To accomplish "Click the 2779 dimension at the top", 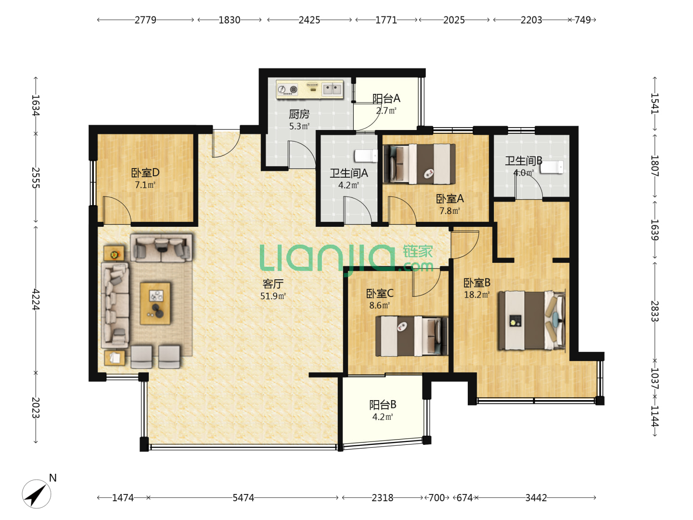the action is [x=145, y=20].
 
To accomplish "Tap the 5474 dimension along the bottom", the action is [x=243, y=498].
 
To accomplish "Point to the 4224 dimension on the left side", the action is [x=36, y=299].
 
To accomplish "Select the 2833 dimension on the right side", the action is [x=655, y=311].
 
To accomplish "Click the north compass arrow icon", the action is [x=37, y=494].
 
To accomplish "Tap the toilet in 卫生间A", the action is [x=366, y=156].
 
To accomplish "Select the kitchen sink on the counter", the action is [x=332, y=89].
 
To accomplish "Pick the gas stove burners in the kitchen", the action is [x=288, y=90].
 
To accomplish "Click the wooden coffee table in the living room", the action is [x=155, y=303].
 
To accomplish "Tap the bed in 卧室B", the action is [x=532, y=321].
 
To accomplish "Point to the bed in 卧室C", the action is [x=411, y=336].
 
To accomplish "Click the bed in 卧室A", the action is [x=419, y=164].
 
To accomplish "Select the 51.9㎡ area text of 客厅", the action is [x=273, y=296].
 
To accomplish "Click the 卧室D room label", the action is [x=145, y=172].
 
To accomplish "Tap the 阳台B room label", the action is [x=383, y=404].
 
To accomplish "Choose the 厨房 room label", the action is [x=299, y=114].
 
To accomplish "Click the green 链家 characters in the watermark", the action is [x=418, y=251].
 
